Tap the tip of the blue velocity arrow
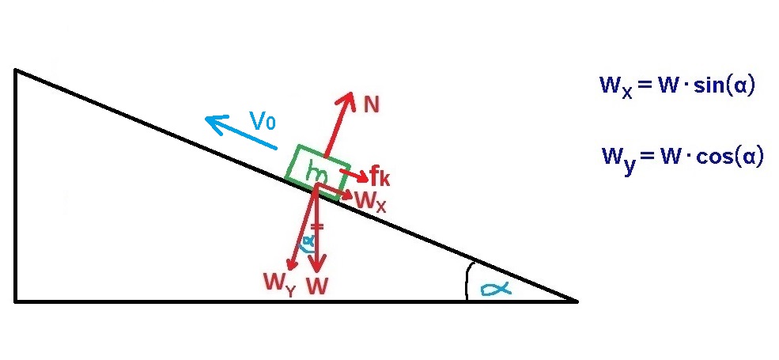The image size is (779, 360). pyautogui.click(x=206, y=119)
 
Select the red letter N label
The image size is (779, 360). pyautogui.click(x=372, y=103)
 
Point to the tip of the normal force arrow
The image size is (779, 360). pyautogui.click(x=351, y=93)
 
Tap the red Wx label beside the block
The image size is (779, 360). pyautogui.click(x=370, y=202)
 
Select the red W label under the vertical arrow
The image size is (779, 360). pyautogui.click(x=317, y=286)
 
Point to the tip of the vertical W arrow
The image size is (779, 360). pyautogui.click(x=316, y=271)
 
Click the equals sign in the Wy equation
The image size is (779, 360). pyautogui.click(x=646, y=156)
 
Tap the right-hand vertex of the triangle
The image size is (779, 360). pyautogui.click(x=577, y=301)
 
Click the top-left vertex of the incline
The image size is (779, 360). pyautogui.click(x=15, y=70)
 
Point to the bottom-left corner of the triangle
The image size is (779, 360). pyautogui.click(x=15, y=301)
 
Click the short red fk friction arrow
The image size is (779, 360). pyautogui.click(x=352, y=172)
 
